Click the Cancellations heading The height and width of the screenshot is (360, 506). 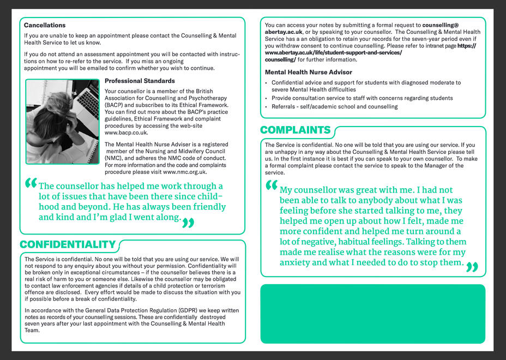[45, 25]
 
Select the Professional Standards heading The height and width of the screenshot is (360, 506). [140, 81]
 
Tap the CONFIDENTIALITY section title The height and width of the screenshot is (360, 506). [68, 245]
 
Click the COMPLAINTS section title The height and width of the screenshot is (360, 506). [295, 130]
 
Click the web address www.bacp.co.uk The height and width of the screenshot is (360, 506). [126, 133]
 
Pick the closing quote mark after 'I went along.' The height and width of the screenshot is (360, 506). [188, 222]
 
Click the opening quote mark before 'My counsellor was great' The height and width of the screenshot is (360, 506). [271, 186]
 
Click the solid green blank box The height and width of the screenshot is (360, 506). [372, 314]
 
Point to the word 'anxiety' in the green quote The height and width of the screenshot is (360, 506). [295, 262]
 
